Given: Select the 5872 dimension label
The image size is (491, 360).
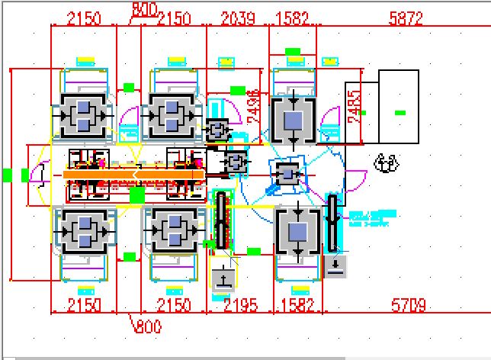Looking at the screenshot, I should click(x=406, y=19).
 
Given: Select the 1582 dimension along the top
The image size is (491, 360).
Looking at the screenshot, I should click(x=294, y=19).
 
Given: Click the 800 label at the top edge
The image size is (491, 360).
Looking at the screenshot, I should click(x=145, y=8).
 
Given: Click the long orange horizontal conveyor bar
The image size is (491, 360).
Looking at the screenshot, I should click(x=133, y=175).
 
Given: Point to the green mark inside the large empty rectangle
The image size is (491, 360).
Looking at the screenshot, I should click(x=400, y=113).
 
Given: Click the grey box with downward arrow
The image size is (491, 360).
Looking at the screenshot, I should click(x=336, y=266).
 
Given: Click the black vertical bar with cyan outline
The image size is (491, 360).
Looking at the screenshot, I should click(x=333, y=223).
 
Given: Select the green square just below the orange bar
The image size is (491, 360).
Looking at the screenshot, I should click(x=137, y=195).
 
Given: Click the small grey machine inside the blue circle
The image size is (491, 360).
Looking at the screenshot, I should click(x=288, y=174).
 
